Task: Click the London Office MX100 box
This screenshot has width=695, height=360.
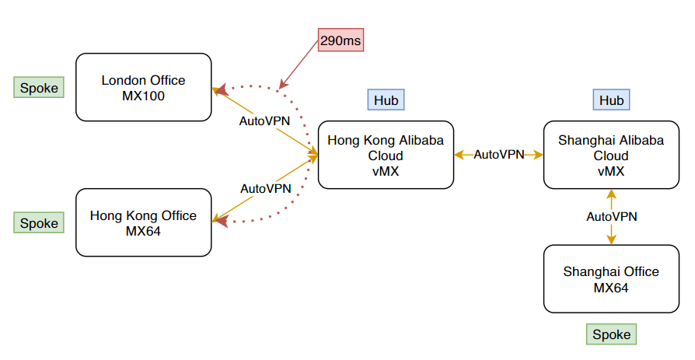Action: (144, 87)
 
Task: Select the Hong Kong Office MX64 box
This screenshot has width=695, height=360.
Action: (144, 222)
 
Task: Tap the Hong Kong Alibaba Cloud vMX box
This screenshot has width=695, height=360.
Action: (386, 155)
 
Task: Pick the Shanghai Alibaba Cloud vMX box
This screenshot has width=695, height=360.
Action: (611, 155)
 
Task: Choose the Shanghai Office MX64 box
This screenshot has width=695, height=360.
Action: (611, 279)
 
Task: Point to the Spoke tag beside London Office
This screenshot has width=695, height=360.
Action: (39, 88)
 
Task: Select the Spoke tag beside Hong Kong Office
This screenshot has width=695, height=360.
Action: (39, 223)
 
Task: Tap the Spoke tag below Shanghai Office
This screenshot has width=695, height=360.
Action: (611, 334)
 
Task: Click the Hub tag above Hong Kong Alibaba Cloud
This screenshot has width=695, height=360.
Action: (386, 100)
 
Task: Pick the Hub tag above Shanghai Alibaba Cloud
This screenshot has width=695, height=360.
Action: (611, 100)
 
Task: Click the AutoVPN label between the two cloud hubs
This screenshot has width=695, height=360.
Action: (499, 155)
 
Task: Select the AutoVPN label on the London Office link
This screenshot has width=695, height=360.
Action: (265, 121)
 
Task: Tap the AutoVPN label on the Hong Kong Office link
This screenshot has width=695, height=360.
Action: (265, 188)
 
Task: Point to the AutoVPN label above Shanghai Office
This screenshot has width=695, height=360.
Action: (611, 217)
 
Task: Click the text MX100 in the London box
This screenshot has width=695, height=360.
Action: (144, 96)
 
